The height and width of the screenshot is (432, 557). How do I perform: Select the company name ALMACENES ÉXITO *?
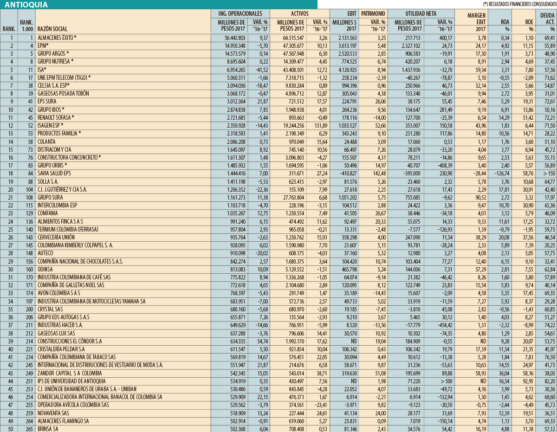(57, 37)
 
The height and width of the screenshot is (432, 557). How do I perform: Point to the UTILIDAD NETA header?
(421, 13)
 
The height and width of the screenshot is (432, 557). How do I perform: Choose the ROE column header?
(527, 21)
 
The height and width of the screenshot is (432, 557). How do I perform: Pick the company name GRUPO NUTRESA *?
(56, 61)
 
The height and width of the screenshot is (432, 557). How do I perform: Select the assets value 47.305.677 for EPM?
(291, 45)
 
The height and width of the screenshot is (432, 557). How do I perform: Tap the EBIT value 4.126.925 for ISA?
(344, 69)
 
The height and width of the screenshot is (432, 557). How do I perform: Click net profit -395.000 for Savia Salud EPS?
(411, 174)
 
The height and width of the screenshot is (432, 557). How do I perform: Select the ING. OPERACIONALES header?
(240, 13)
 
